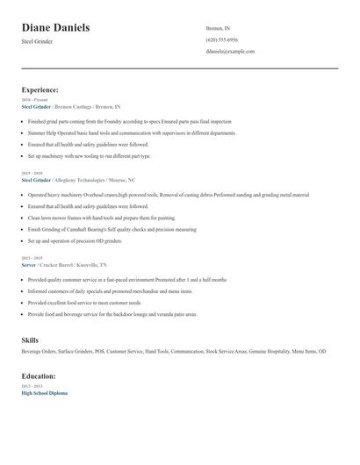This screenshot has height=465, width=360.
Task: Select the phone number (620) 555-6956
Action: (221, 39)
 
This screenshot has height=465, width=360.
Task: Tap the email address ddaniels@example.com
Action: (230, 51)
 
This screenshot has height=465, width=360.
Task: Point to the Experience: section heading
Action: (40, 89)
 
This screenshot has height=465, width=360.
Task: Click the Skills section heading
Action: (30, 339)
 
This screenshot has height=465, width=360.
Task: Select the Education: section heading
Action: (39, 376)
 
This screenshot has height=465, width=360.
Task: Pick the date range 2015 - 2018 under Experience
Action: (31, 173)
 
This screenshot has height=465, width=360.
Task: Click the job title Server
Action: (28, 264)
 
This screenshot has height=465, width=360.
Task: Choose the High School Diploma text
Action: (44, 393)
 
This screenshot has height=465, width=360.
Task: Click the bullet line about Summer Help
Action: (132, 132)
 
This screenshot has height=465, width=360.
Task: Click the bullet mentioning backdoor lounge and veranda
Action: (112, 313)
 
